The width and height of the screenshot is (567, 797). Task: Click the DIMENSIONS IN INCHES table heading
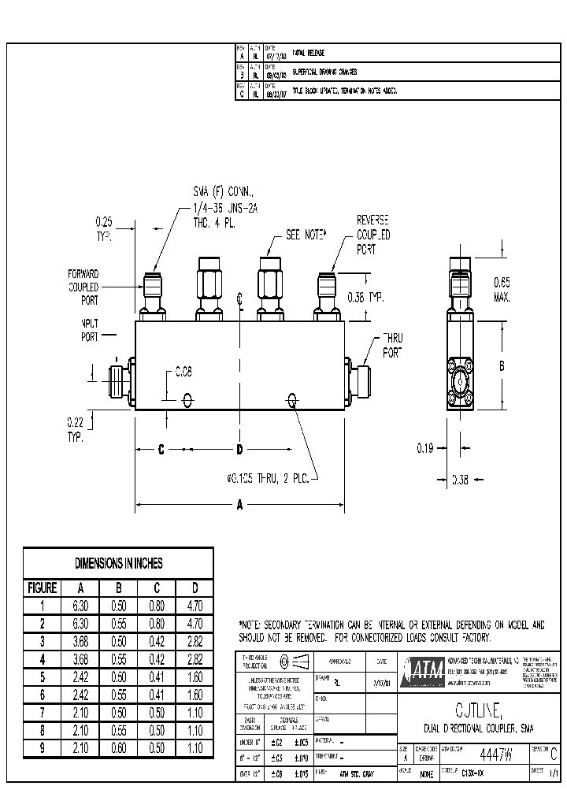[118, 563]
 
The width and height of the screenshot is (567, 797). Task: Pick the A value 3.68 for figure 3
[80, 640]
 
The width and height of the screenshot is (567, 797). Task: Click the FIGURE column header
[43, 588]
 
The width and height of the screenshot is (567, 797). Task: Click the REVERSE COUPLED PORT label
[373, 235]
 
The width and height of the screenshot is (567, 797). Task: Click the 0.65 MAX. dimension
[502, 289]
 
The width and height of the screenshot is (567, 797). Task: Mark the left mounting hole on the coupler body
[187, 400]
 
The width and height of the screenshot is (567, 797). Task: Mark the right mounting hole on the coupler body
[293, 401]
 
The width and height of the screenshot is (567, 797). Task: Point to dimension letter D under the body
[239, 449]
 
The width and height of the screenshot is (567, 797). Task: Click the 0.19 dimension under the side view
[424, 448]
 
